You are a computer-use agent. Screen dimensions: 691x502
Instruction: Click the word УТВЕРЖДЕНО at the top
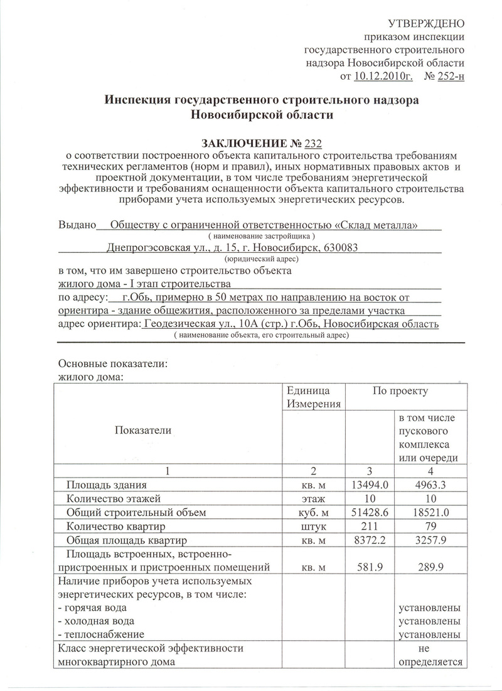pyautogui.click(x=427, y=24)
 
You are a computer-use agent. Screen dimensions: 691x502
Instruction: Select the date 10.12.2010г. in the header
pyautogui.click(x=378, y=77)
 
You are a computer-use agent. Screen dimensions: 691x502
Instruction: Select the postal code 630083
pyautogui.click(x=336, y=247)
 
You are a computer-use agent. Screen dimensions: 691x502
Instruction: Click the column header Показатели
pyautogui.click(x=142, y=429)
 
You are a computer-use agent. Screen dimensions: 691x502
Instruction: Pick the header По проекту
pyautogui.click(x=400, y=391)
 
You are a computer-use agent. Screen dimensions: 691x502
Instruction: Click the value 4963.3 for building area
pyautogui.click(x=429, y=485)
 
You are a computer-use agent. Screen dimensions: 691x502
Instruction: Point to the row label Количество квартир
pyautogui.click(x=118, y=526)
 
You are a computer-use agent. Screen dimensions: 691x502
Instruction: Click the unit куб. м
pyautogui.click(x=313, y=512)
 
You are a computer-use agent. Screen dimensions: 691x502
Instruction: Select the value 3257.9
pyautogui.click(x=429, y=540)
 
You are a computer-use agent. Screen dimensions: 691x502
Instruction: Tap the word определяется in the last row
pyautogui.click(x=429, y=662)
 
